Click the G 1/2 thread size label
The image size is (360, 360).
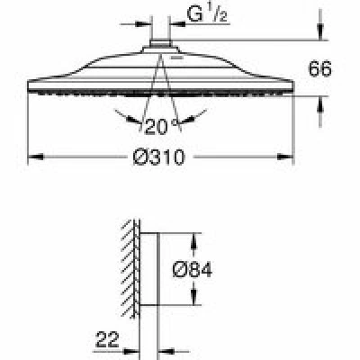(207, 14)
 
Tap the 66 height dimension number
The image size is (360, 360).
(320, 69)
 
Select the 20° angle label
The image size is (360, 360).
(161, 126)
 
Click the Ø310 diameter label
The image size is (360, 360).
(158, 157)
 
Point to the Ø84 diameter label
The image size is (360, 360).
(193, 269)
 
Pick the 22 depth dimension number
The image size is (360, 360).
(107, 340)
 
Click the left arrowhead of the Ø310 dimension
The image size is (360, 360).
(35, 157)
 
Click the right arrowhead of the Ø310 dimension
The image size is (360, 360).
(285, 157)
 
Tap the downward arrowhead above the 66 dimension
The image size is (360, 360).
(320, 32)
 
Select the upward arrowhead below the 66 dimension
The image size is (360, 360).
(320, 104)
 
